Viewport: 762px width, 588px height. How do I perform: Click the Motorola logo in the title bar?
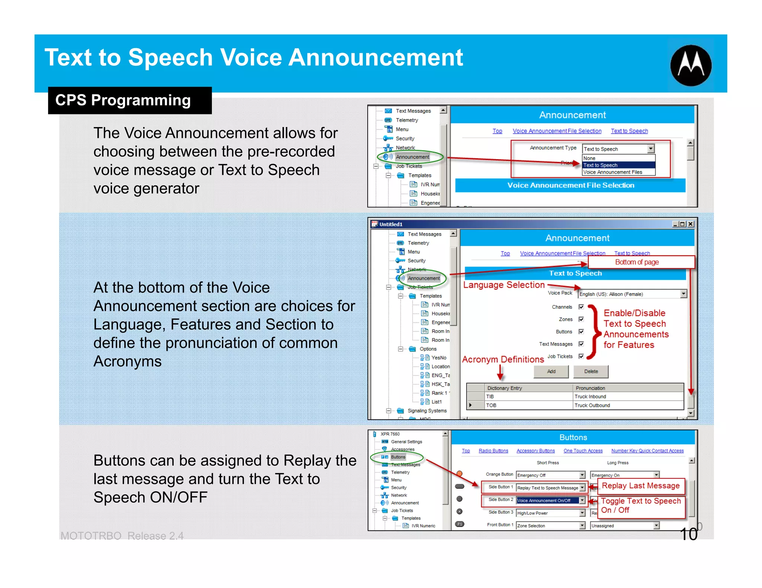pyautogui.click(x=691, y=65)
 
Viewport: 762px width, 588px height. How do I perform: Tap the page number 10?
pyautogui.click(x=688, y=534)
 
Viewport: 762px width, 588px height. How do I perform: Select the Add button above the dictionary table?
pyautogui.click(x=551, y=371)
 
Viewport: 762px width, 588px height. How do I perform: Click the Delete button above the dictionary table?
pyautogui.click(x=591, y=371)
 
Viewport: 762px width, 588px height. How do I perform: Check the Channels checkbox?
pyautogui.click(x=581, y=307)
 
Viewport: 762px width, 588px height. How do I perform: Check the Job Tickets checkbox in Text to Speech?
pyautogui.click(x=581, y=356)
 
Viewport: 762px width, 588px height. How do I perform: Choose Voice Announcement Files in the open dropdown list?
pyautogui.click(x=613, y=172)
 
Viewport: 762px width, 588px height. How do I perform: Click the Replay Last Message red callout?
pyautogui.click(x=641, y=486)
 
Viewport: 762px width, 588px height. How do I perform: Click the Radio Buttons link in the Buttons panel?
pyautogui.click(x=493, y=451)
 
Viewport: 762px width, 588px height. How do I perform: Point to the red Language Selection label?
pyautogui.click(x=504, y=285)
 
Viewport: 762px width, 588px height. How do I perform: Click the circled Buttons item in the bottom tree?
pyautogui.click(x=398, y=457)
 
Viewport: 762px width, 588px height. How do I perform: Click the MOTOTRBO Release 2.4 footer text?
pyautogui.click(x=122, y=536)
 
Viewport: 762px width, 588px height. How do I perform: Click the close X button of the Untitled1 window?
pyautogui.click(x=691, y=224)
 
